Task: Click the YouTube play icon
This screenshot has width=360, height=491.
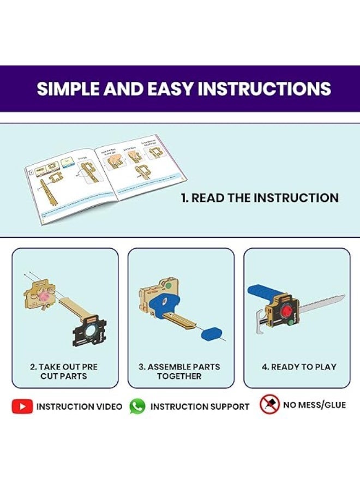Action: coord(22,406)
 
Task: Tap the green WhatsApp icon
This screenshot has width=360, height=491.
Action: coord(137,406)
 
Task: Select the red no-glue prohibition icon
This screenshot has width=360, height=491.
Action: coord(269,405)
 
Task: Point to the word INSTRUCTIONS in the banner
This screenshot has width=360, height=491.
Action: coord(264,89)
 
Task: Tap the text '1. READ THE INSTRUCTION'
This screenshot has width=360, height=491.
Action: coord(260,198)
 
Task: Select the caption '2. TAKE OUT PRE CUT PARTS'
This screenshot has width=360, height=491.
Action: coord(64,372)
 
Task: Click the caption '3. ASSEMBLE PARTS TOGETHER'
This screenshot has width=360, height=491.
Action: coord(179,372)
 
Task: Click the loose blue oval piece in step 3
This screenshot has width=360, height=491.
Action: coord(210,333)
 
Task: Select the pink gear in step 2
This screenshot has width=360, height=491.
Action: coord(45,298)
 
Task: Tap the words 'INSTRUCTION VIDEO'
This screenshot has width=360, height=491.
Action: coord(80,406)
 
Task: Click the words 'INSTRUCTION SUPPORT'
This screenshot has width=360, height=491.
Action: coord(200,406)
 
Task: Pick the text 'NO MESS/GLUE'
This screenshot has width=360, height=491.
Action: coord(314,405)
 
